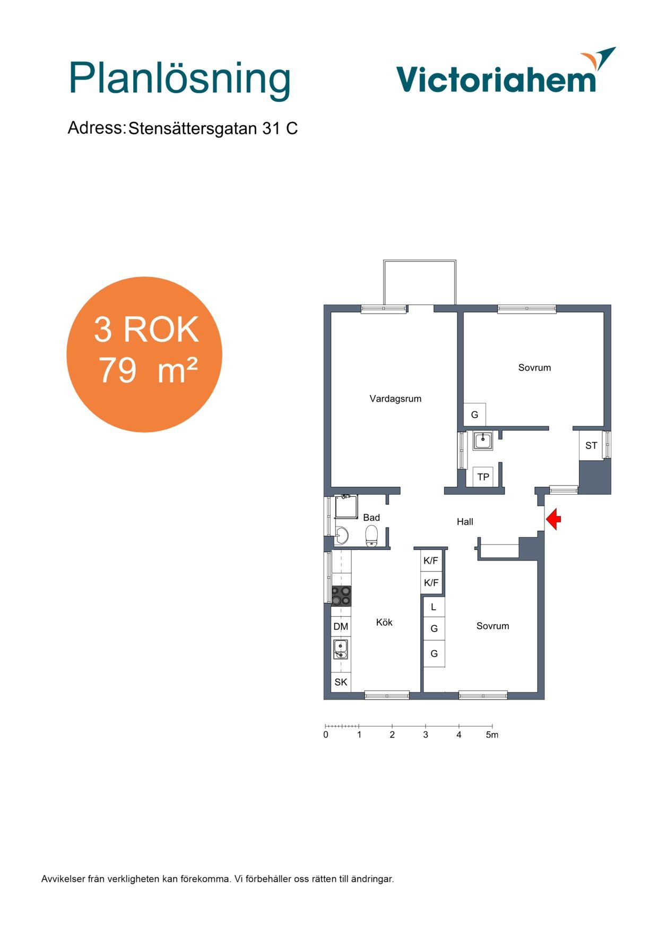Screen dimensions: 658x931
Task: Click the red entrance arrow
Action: (553, 519)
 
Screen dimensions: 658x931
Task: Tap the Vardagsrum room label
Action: (395, 399)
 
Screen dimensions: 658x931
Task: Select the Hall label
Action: (465, 522)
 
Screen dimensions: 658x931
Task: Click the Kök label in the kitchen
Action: (384, 622)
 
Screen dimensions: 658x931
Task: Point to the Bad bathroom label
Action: (371, 518)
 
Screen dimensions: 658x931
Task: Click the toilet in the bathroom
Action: (371, 536)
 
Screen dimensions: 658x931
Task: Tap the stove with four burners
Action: (341, 596)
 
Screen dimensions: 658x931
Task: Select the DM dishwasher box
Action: (341, 627)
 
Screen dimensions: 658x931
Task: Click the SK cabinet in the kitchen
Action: (341, 682)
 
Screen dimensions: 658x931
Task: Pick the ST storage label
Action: (591, 446)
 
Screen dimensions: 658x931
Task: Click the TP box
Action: (483, 477)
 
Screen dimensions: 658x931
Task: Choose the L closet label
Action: (434, 607)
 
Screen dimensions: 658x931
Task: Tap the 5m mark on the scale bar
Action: (492, 735)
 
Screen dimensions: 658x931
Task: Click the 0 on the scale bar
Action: (326, 735)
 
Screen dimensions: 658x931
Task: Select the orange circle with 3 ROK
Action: (144, 354)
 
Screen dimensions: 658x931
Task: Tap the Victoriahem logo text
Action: (496, 80)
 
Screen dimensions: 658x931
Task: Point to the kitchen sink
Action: (340, 649)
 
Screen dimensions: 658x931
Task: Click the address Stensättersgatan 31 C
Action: (213, 128)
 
